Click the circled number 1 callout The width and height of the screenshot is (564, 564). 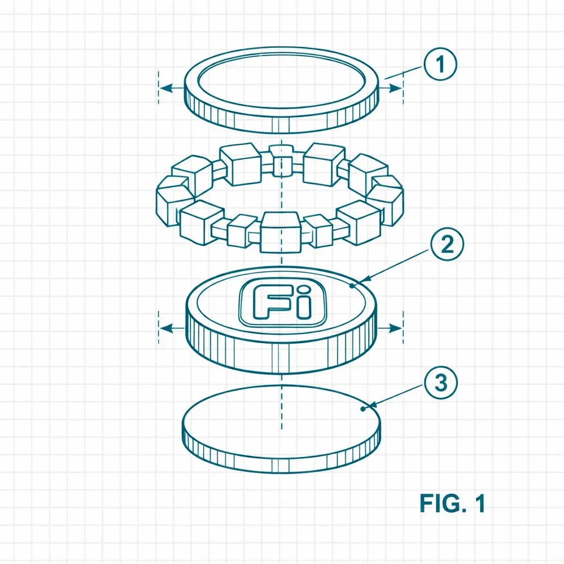[x=440, y=64]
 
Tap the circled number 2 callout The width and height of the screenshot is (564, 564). [x=447, y=244]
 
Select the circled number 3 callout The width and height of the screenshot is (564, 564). [x=441, y=382]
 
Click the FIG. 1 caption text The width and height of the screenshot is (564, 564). [x=452, y=503]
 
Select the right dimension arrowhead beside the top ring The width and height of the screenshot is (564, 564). [x=395, y=88]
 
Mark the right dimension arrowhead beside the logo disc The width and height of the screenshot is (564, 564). [x=395, y=328]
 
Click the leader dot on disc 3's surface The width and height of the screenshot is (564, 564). [x=362, y=409]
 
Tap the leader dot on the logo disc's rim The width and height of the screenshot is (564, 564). [x=352, y=286]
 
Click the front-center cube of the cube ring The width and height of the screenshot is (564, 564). [x=280, y=232]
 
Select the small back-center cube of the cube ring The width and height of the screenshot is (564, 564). [x=281, y=160]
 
